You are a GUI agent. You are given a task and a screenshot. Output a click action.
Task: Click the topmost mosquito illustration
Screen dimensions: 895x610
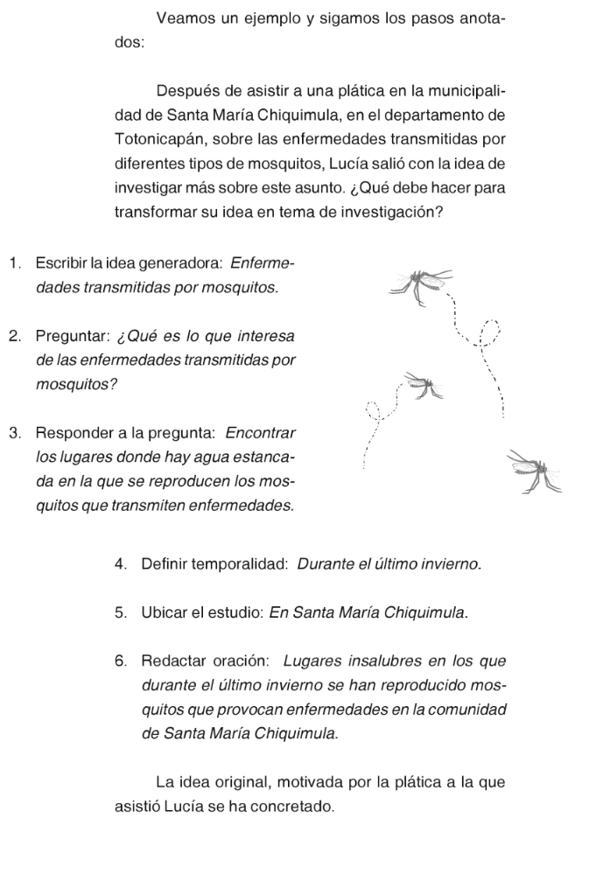click(424, 283)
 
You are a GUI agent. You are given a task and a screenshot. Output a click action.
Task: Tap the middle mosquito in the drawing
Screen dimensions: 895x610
click(424, 385)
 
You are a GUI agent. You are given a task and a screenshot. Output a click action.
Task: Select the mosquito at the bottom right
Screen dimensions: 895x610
click(535, 472)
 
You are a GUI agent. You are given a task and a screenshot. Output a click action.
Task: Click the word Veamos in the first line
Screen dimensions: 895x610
click(182, 19)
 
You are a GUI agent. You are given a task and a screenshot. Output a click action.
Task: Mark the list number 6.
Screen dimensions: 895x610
click(120, 660)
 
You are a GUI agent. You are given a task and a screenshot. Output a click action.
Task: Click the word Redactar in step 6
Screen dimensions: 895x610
click(172, 660)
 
